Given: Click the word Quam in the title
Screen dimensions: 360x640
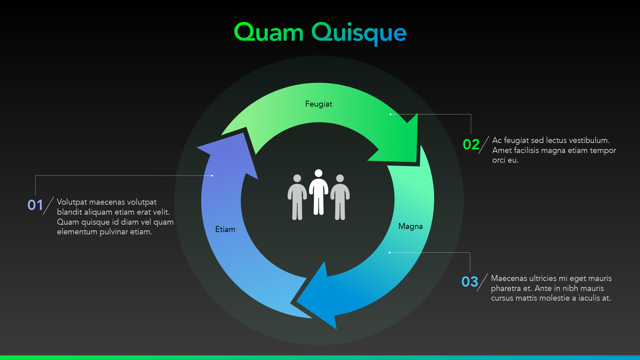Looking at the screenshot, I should pos(269,33).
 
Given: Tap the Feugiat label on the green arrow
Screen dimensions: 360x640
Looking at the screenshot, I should pos(319,104).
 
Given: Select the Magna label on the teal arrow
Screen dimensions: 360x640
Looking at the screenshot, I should pos(410,226).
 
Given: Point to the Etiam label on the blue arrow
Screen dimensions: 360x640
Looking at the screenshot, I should pos(225,229).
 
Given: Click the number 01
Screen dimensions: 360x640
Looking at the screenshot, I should pos(35,205).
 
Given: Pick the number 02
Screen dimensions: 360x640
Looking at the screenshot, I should pos(471,144).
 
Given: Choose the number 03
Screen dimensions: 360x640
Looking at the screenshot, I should pos(470,282).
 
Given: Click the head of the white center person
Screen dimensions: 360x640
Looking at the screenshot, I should pos(319,173).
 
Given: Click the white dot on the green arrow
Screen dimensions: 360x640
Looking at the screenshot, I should pos(390,114).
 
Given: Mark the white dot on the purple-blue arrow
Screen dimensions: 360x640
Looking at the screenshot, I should pos(212,176).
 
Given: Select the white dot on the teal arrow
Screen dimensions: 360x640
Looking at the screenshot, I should pos(389,253).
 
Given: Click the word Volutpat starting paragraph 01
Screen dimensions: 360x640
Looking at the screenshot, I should pos(72,202).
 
